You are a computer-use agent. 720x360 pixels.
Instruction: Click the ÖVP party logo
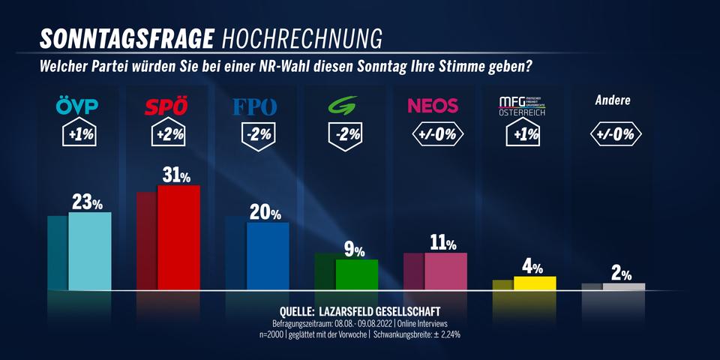(77, 106)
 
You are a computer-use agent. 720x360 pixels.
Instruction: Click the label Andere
(613, 100)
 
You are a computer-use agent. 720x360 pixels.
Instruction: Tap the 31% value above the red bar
(176, 175)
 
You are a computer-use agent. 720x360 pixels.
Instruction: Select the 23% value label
(87, 202)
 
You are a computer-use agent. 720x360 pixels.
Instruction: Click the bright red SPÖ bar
(178, 237)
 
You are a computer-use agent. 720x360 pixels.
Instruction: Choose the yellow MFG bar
(535, 283)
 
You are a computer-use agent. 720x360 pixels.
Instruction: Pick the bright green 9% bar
(356, 274)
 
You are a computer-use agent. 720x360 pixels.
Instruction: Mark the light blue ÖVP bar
(89, 250)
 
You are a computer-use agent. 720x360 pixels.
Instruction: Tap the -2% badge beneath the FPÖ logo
(257, 136)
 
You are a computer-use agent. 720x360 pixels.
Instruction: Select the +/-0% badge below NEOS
(436, 135)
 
